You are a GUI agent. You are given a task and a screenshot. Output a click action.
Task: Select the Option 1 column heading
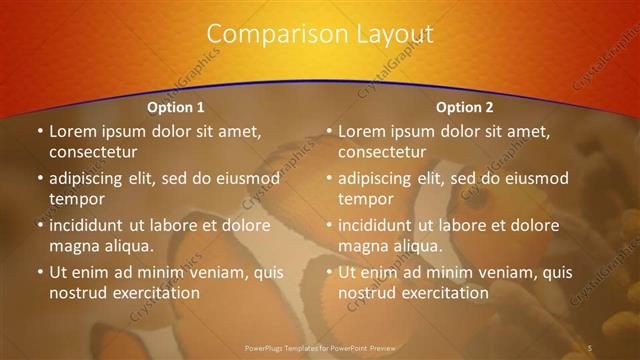pyautogui.click(x=176, y=107)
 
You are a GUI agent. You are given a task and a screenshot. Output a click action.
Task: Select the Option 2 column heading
pyautogui.click(x=465, y=107)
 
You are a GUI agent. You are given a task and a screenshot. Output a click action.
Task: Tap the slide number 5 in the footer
pyautogui.click(x=590, y=347)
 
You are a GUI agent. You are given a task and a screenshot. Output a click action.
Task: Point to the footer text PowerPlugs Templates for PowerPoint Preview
pyautogui.click(x=320, y=347)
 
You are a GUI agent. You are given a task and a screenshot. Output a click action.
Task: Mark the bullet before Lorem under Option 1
pyautogui.click(x=39, y=131)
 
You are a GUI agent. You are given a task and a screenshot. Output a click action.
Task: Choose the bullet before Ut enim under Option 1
pyautogui.click(x=39, y=272)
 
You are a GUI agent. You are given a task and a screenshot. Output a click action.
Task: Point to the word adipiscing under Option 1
pyautogui.click(x=90, y=179)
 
